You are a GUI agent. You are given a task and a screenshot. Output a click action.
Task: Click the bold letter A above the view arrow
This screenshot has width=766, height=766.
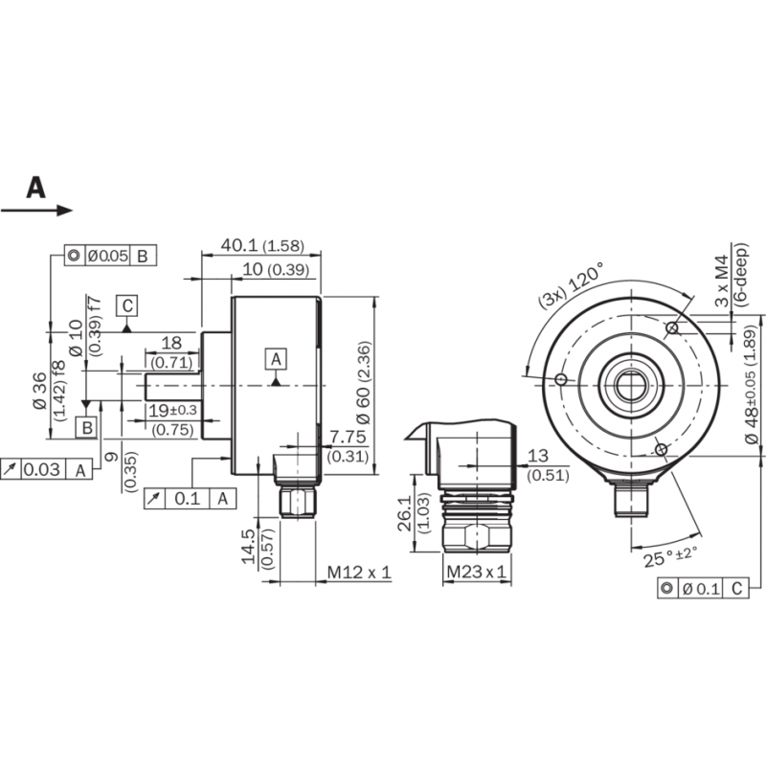tap(35, 188)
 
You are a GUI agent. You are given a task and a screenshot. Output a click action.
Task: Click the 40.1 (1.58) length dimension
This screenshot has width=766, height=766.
tap(262, 245)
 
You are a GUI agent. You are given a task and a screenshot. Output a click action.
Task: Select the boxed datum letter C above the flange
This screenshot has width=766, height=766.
tap(127, 306)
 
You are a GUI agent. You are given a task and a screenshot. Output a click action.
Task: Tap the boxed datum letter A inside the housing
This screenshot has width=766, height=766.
tap(276, 360)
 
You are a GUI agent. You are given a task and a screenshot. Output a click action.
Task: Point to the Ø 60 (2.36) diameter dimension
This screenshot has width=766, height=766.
tap(365, 382)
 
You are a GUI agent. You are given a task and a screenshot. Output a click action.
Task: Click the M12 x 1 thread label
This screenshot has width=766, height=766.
tap(359, 572)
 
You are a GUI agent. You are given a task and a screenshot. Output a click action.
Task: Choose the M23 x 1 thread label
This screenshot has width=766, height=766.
tap(476, 572)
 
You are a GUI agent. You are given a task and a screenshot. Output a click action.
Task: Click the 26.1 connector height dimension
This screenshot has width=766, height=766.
tap(405, 514)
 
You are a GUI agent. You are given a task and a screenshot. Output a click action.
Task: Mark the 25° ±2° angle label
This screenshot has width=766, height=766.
tap(670, 556)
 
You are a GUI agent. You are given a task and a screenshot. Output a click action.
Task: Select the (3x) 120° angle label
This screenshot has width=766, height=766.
tap(571, 284)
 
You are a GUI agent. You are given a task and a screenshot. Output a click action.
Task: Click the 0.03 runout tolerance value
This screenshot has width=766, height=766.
tap(42, 469)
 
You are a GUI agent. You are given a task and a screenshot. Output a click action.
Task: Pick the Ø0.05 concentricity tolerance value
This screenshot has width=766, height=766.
tap(107, 256)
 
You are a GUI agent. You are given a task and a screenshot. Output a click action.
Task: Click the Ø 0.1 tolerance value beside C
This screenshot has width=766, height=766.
tap(701, 589)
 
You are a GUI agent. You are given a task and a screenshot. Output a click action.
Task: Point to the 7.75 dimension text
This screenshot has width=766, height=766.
tap(348, 437)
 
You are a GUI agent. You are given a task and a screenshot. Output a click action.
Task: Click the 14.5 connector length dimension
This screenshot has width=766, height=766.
tap(249, 546)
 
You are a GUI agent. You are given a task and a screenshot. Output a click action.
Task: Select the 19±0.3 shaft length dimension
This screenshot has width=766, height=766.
tap(172, 411)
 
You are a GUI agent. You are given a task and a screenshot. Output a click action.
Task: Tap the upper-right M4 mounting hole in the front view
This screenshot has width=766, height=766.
tap(673, 327)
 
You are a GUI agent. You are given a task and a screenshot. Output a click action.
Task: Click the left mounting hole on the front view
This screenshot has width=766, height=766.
tap(561, 379)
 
